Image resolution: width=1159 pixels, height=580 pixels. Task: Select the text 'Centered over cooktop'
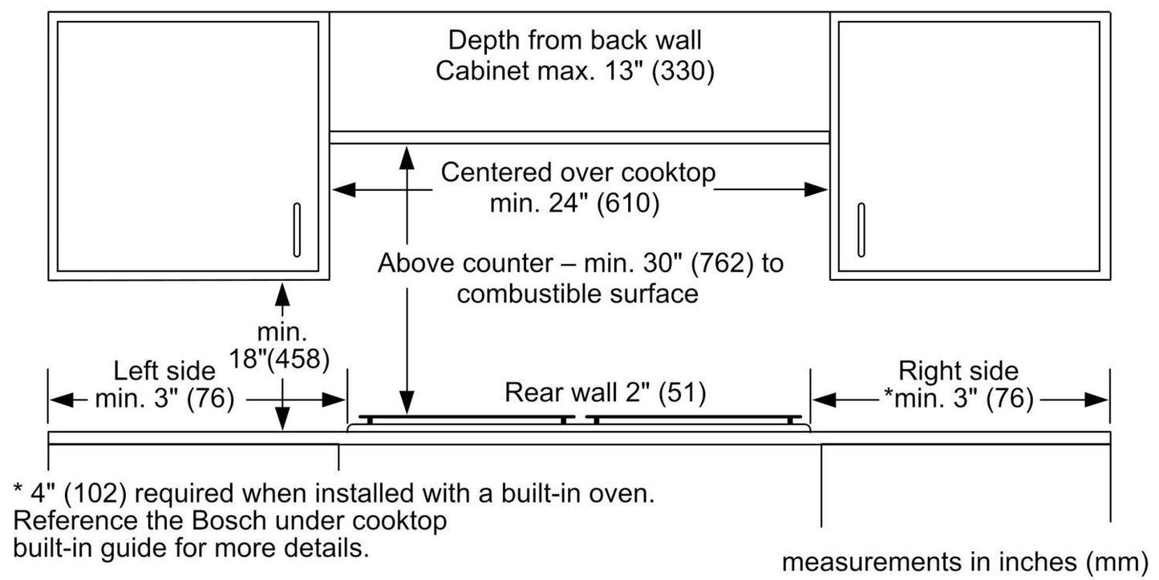pyautogui.click(x=578, y=172)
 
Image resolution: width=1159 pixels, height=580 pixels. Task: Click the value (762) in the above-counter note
pyautogui.click(x=715, y=263)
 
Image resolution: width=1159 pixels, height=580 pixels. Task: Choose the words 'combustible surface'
pyautogui.click(x=577, y=294)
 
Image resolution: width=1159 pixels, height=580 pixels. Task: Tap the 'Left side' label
pyautogui.click(x=164, y=371)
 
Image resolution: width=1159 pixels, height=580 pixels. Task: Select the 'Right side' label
pyautogui.click(x=958, y=371)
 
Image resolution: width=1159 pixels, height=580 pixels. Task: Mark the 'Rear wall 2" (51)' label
pyautogui.click(x=605, y=392)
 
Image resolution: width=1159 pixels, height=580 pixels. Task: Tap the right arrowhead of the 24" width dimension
pyautogui.click(x=817, y=189)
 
